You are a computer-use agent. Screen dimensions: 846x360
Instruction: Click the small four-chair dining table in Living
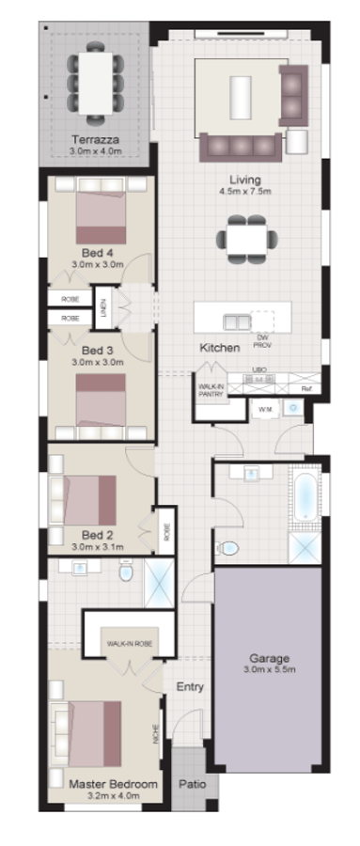[245, 239]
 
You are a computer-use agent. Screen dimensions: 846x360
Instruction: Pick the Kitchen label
[219, 348]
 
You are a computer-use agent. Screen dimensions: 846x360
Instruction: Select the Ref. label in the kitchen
[305, 388]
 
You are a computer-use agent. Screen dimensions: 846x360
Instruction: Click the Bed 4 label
[98, 252]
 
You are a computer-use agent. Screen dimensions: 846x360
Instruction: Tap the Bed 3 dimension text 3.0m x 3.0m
[99, 361]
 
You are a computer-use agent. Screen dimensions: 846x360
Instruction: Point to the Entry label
[190, 687]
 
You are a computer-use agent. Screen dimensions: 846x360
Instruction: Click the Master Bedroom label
[113, 782]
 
